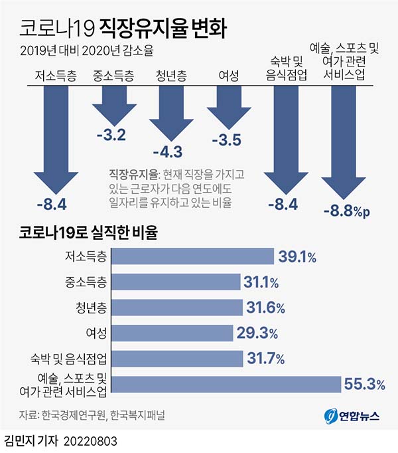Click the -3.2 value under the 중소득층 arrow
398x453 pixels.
click(111, 136)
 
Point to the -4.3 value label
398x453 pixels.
click(167, 151)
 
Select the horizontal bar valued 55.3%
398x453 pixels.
click(225, 384)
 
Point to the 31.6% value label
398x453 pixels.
click(266, 308)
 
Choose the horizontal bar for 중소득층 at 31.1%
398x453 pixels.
click(174, 282)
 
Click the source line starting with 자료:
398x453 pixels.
click(92, 416)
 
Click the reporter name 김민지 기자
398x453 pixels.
click(31, 440)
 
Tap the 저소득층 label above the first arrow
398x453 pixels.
click(54, 75)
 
